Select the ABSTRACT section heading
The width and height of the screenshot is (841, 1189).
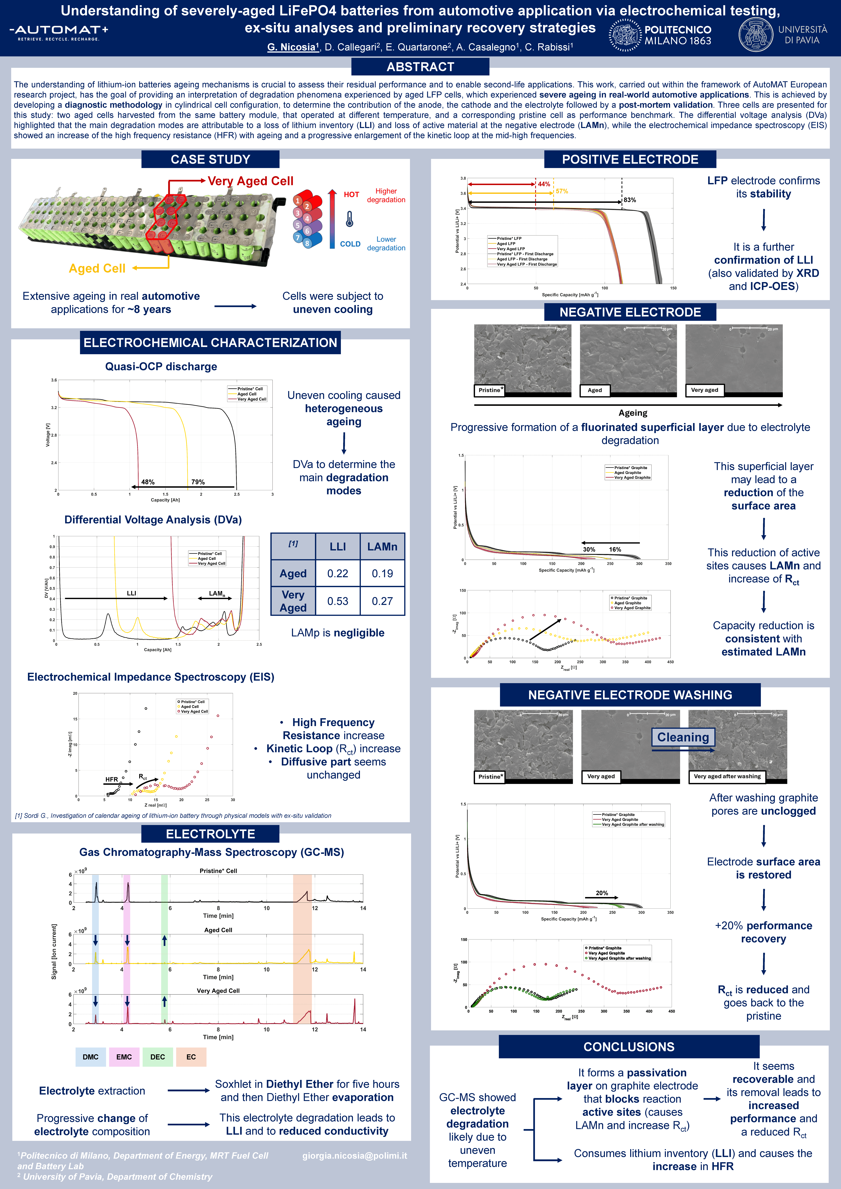click(x=420, y=67)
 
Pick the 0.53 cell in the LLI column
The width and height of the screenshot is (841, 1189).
click(x=338, y=601)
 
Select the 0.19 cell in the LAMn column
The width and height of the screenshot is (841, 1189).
click(x=382, y=574)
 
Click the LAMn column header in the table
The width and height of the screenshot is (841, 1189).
click(x=382, y=547)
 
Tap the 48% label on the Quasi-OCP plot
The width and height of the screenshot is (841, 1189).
click(x=148, y=482)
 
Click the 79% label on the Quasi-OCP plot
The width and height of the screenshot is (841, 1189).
click(x=198, y=482)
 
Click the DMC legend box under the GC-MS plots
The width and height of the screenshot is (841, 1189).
click(x=91, y=1057)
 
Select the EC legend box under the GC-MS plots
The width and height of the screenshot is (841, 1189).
click(x=191, y=1057)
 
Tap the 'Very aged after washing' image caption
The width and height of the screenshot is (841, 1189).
click(x=727, y=776)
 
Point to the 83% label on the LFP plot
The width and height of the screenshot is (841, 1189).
click(x=630, y=200)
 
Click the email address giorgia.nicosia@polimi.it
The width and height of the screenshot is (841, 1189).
click(x=355, y=1156)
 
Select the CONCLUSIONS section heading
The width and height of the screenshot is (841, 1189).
click(x=629, y=1047)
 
